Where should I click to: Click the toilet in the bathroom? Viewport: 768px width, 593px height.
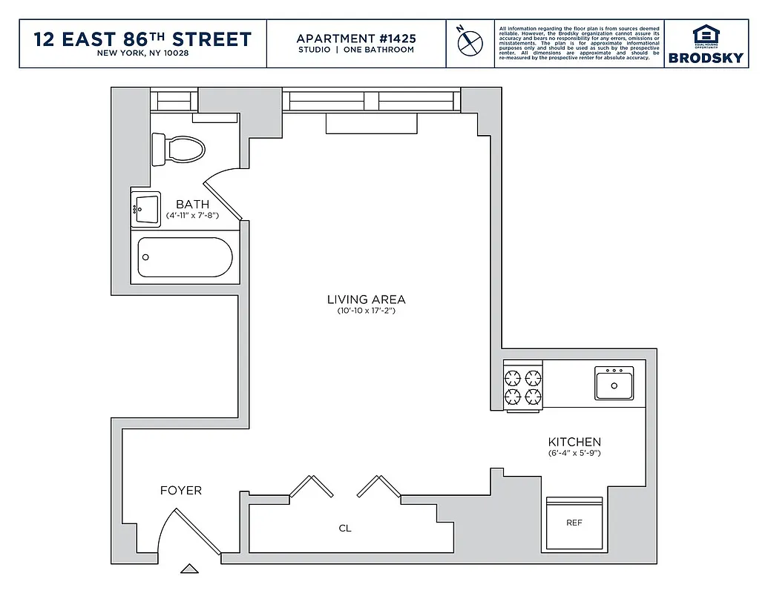pos(178,149)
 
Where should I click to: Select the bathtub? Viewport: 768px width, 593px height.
pos(185,257)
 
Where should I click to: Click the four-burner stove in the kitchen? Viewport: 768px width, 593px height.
pos(523,386)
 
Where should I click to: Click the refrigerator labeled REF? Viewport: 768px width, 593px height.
pos(574,522)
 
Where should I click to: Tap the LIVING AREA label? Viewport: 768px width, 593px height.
pos(366,299)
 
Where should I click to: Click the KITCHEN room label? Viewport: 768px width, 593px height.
pos(574,442)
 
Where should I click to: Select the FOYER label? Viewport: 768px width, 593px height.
pos(181,491)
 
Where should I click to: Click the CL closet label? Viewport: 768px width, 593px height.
pos(344,529)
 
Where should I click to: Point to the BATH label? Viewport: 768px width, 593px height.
pos(192,204)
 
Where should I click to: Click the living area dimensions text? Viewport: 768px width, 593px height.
pos(366,311)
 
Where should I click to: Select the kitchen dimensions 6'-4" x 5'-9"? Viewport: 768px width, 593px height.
pos(574,453)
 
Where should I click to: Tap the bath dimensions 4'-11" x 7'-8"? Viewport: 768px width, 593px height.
pos(192,215)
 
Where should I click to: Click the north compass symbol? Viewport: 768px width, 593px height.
pos(467,43)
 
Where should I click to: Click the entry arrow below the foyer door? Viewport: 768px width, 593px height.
pos(190,569)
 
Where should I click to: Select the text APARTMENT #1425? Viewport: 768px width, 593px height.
pos(356,38)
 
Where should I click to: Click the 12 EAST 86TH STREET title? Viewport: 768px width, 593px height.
pos(143,39)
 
